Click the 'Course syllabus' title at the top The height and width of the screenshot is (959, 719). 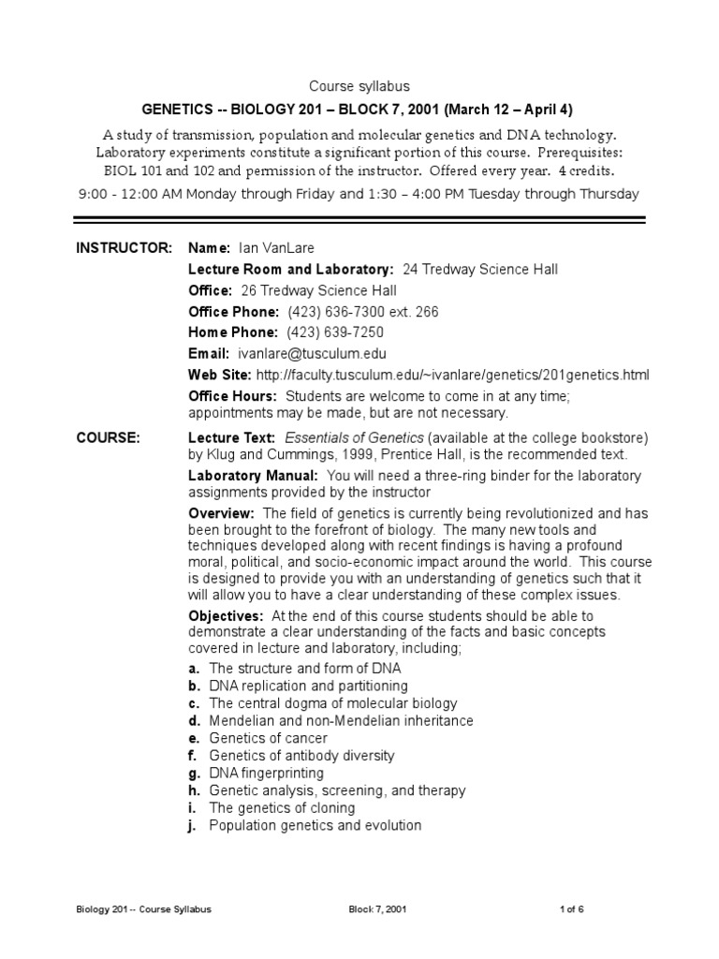click(x=359, y=86)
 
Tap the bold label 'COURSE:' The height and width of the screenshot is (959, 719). click(x=108, y=437)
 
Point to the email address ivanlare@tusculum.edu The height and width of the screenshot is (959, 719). click(x=311, y=354)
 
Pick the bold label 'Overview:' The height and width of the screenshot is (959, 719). click(x=222, y=513)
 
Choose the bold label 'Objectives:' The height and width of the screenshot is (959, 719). click(x=226, y=615)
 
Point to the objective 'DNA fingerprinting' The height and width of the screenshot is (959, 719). click(x=266, y=773)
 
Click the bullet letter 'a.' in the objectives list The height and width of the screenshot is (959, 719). click(x=194, y=669)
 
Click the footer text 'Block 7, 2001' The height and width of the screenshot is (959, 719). click(x=376, y=909)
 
